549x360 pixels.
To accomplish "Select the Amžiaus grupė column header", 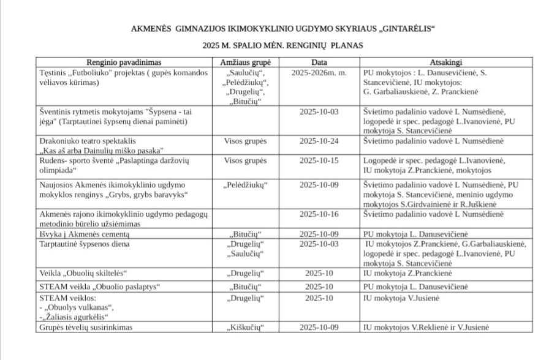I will [x=249, y=62].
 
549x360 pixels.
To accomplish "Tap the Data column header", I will [x=319, y=62].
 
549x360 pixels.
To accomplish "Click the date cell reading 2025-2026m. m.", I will [x=319, y=72].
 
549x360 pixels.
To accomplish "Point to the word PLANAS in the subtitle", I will [x=345, y=45].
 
